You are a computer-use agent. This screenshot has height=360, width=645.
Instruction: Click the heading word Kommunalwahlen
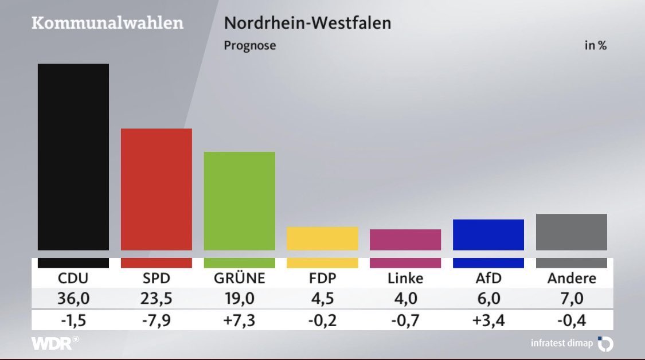click(108, 24)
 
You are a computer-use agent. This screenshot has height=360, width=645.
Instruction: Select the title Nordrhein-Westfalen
click(307, 24)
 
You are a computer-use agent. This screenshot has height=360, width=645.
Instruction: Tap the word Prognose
click(249, 46)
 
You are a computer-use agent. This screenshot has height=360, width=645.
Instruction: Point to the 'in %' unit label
click(595, 46)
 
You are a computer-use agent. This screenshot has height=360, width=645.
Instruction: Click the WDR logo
click(54, 343)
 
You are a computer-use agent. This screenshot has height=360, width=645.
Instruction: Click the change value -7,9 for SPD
click(157, 319)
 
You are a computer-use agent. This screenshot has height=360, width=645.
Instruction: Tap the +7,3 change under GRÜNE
click(240, 319)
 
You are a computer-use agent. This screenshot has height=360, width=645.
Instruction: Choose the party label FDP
click(322, 279)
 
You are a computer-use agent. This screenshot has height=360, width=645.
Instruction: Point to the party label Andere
click(571, 279)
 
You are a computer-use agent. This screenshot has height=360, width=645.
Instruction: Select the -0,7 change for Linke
click(405, 319)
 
